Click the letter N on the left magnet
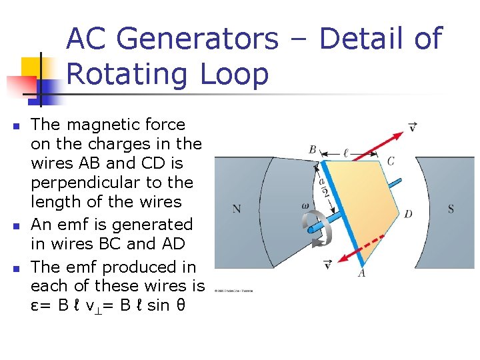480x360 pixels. (237, 209)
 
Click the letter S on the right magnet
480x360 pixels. (451, 209)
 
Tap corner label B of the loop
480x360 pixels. (312, 150)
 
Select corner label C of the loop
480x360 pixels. (390, 161)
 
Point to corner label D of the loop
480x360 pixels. (407, 214)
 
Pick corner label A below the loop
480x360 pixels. (361, 273)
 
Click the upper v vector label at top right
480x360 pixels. (413, 126)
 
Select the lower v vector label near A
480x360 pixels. (327, 265)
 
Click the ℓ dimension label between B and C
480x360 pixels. (345, 153)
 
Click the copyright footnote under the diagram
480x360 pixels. (234, 291)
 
